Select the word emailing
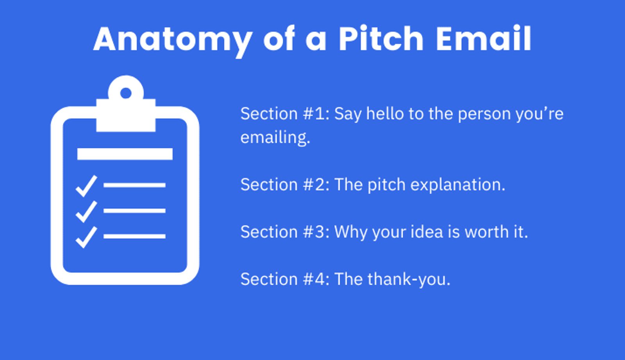click(275, 138)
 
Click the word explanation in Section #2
click(457, 185)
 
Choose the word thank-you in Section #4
click(409, 279)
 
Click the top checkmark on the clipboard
click(86, 186)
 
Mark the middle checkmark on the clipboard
click(86, 212)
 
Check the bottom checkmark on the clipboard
click(86, 237)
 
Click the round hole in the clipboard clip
click(126, 93)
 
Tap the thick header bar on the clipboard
click(125, 154)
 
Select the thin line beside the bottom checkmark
click(134, 236)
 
